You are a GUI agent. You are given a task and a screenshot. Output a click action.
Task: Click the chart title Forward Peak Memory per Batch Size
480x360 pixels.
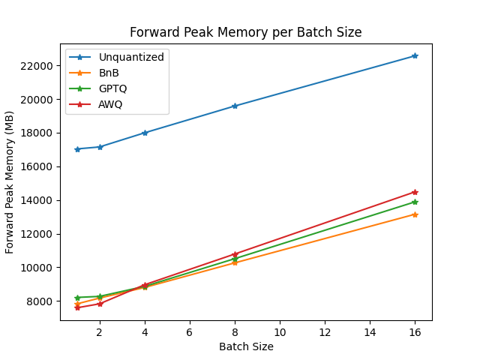pos(246,32)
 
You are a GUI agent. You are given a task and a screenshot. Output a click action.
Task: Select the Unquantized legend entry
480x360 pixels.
pos(131,57)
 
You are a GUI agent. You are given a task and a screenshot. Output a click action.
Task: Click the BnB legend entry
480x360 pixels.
pos(109,73)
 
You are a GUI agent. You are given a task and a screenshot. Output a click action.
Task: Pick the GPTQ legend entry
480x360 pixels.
pos(112,88)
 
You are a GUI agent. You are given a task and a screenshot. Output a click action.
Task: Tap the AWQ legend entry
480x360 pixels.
pos(110,104)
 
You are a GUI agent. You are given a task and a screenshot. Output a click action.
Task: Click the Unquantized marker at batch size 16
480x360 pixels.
pos(415,56)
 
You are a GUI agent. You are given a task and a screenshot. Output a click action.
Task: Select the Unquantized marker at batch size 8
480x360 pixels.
pos(235,106)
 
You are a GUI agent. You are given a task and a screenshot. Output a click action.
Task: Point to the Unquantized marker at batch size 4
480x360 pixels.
pos(145,133)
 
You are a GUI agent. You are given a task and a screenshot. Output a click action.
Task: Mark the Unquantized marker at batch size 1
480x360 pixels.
pos(77,149)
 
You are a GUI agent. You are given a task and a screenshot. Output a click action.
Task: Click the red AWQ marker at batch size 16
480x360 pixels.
pos(415,192)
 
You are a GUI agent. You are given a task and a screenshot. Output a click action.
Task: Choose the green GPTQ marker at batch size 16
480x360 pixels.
pos(415,202)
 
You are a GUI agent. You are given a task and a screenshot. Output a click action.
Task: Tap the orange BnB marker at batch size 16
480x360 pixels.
pos(415,214)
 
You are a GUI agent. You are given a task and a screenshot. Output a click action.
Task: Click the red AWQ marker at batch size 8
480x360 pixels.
pos(235,254)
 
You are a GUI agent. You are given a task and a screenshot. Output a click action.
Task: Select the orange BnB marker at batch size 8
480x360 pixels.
pos(235,262)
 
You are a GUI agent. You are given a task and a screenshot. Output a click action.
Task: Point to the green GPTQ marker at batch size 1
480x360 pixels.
pos(77,298)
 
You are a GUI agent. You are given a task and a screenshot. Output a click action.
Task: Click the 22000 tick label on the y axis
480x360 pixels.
pos(37,66)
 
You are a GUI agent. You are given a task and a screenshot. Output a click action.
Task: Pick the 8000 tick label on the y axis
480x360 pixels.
pos(40,301)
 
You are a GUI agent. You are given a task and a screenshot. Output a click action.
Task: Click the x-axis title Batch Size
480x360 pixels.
pos(246,346)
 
